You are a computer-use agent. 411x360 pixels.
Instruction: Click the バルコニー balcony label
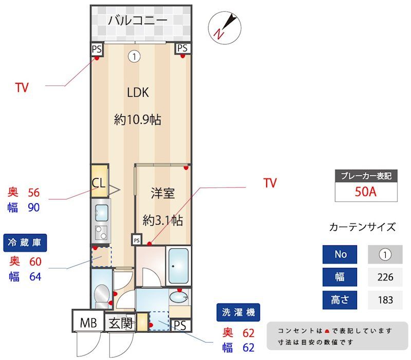(137, 21)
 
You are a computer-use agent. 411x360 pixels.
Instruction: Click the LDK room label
(138, 93)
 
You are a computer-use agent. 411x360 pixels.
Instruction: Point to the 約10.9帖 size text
(138, 120)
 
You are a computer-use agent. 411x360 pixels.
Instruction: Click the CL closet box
(99, 181)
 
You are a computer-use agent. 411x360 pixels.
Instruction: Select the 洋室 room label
(162, 193)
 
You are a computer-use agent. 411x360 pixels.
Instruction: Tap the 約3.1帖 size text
(162, 221)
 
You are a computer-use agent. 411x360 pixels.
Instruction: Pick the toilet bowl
(102, 295)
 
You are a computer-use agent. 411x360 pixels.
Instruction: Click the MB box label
(88, 323)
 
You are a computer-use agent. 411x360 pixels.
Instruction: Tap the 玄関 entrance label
(121, 323)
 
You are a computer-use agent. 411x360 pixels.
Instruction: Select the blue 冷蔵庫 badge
(25, 243)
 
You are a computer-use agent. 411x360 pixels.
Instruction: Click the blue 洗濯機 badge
(238, 312)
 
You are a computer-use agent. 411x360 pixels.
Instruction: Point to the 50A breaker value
(366, 192)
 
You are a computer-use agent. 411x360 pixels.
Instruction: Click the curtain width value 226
(385, 277)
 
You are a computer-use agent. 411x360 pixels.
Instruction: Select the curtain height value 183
(385, 300)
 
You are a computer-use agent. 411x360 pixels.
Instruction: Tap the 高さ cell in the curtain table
(340, 300)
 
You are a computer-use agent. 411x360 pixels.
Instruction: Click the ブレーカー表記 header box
(366, 175)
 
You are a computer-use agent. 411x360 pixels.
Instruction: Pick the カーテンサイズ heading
(362, 227)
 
